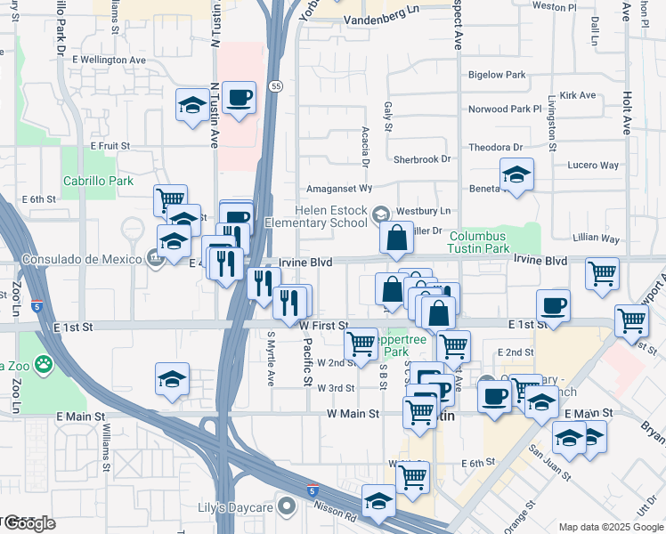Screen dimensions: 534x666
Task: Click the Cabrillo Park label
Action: coord(98,181)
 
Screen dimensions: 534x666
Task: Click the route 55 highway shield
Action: coord(278,86)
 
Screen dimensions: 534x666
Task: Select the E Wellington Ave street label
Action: coord(109,60)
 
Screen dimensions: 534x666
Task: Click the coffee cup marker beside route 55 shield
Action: coord(239,99)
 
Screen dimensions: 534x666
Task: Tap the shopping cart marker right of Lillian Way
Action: coord(603,273)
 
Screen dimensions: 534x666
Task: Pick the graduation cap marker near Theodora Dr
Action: coord(516,174)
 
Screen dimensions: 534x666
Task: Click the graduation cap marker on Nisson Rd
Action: coord(378,500)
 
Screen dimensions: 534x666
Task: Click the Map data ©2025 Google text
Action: coord(611,527)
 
